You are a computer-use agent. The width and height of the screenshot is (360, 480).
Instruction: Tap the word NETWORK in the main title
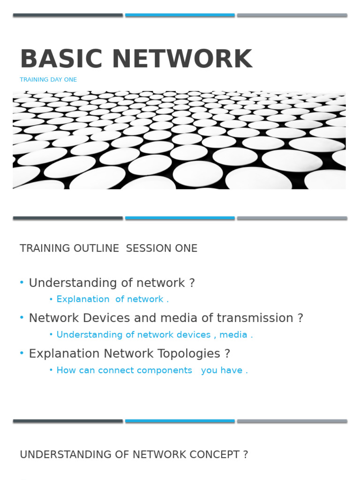(x=182, y=59)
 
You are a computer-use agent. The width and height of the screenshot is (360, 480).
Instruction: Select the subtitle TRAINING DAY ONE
(x=48, y=80)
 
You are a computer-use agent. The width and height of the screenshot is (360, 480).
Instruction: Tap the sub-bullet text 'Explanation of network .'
(x=112, y=299)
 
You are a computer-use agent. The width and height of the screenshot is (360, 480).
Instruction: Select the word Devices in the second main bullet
(x=106, y=318)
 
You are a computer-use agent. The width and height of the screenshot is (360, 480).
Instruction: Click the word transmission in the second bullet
(x=255, y=318)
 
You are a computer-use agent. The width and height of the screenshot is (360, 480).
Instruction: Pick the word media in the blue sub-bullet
(x=233, y=335)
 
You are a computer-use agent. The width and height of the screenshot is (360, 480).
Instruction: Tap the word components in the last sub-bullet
(x=145, y=370)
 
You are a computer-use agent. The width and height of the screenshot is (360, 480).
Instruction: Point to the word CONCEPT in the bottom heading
(x=215, y=455)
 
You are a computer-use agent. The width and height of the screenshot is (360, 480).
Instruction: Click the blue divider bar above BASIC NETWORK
(x=180, y=15)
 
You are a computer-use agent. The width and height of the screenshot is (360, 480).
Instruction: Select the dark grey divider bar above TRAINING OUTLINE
(x=68, y=218)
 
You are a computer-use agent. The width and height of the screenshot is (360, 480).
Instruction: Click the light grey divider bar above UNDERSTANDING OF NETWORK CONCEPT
(x=292, y=421)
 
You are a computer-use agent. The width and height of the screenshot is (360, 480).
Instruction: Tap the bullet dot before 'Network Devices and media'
(x=22, y=317)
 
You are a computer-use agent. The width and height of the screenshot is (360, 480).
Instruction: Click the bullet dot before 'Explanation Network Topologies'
(x=22, y=353)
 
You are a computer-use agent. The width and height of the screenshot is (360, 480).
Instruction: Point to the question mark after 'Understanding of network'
(x=192, y=283)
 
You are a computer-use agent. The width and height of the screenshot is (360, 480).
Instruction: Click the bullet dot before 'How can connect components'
(x=51, y=370)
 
